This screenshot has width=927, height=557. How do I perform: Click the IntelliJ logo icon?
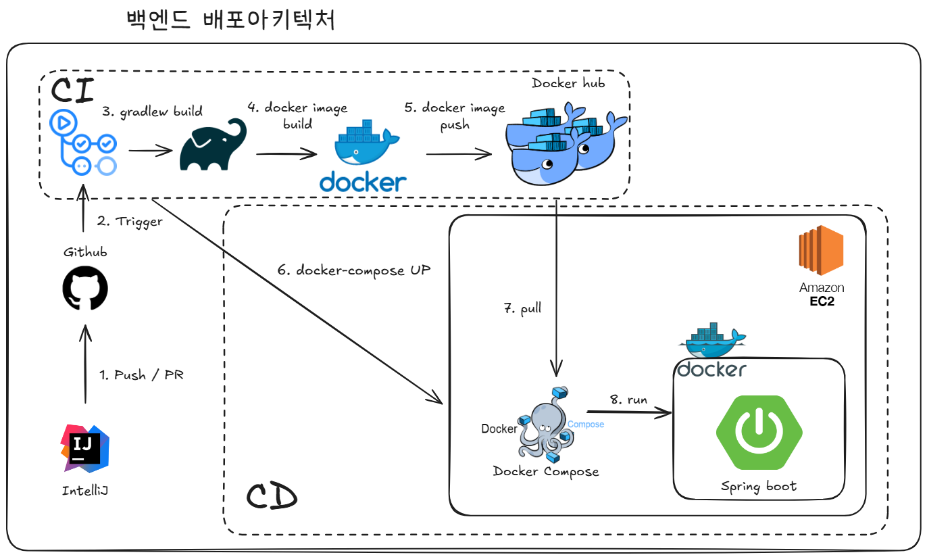(x=85, y=447)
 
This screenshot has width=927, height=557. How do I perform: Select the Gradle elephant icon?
(x=213, y=145)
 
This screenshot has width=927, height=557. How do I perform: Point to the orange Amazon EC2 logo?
(x=821, y=250)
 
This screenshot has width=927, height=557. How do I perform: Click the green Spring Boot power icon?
(x=759, y=433)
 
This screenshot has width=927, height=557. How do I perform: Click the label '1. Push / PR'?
(x=141, y=375)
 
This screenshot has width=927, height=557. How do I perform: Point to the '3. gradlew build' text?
(x=153, y=112)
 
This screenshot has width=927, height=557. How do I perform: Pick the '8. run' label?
(x=628, y=399)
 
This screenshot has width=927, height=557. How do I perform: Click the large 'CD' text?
(x=271, y=498)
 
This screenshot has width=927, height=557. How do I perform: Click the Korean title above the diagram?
(x=230, y=20)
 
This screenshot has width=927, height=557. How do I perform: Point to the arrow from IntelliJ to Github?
(x=85, y=365)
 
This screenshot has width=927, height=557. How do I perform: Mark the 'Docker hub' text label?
(x=568, y=83)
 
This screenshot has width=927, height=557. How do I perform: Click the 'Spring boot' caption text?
(x=758, y=486)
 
